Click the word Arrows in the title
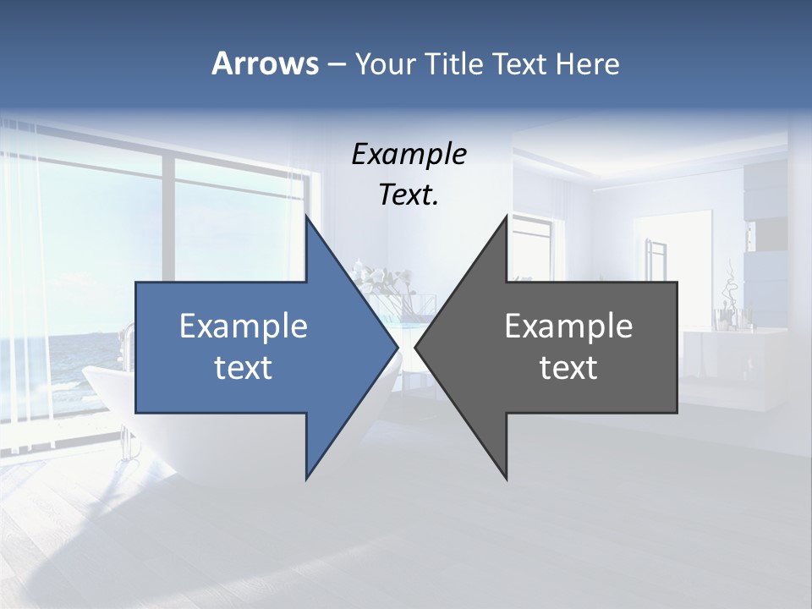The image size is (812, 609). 265,63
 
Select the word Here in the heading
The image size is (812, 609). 588,63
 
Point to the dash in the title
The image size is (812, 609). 336,64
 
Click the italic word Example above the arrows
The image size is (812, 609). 409,154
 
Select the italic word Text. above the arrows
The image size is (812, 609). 409,195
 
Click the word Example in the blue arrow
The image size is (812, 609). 244,326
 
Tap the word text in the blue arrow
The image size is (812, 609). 244,368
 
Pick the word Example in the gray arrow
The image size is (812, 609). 568,326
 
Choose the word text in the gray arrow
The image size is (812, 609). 568,368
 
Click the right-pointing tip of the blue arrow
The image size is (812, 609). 397,347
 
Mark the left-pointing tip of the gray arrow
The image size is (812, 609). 416,347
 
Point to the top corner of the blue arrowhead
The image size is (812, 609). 307,217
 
